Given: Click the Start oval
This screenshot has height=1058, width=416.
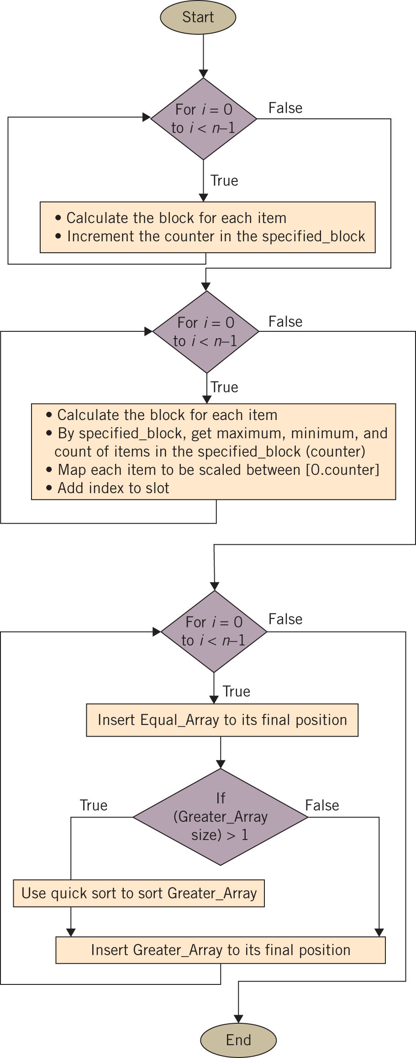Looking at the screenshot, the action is pos(198,17).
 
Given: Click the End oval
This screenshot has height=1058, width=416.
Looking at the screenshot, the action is pos(238,1040).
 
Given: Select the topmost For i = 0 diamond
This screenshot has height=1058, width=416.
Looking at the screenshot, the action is pos(204,119).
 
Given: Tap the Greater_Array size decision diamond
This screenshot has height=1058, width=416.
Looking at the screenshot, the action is pos(221,817).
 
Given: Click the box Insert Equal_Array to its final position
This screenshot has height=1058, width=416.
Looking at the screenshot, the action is pos(222,720).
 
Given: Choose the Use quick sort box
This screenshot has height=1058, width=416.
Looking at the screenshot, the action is pos(139,893).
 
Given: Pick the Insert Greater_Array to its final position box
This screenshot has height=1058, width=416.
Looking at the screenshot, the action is pos(221,950).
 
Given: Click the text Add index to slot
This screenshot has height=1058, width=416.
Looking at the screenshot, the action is pos(113,488).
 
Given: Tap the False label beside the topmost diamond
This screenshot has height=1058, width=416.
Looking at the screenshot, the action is pos(285,108).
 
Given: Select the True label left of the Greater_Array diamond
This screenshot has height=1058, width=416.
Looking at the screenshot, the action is pos(94,805).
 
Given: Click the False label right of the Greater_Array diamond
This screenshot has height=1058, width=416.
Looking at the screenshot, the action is pos(322,805).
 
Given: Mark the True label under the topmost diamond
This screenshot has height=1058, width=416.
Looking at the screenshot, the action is pos(224,181).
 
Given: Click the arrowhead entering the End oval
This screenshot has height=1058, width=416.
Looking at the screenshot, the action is pos(238,1019).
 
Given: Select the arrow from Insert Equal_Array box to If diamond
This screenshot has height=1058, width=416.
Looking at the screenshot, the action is pos(221,752).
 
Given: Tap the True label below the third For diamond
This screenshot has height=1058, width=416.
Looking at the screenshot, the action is pos(237,691).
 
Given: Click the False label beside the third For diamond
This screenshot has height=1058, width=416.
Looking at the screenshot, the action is pos(285,619).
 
